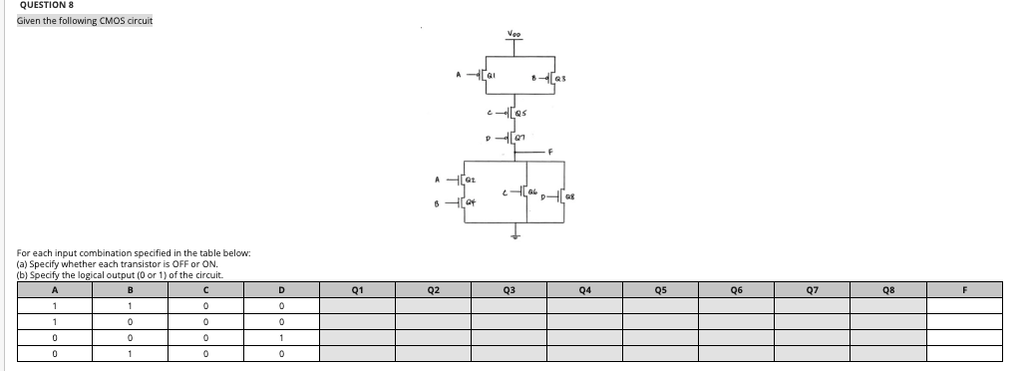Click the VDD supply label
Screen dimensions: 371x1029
pos(514,34)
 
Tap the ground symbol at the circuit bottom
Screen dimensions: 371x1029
pos(514,237)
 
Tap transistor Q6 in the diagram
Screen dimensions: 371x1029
pos(529,189)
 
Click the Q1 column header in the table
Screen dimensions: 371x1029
pos(356,290)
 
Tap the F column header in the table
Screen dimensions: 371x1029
pos(965,290)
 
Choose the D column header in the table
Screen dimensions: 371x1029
pos(281,290)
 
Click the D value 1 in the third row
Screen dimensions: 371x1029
pos(281,338)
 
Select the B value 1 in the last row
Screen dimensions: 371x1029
pos(130,354)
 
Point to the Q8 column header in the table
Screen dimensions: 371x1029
pos(888,290)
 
